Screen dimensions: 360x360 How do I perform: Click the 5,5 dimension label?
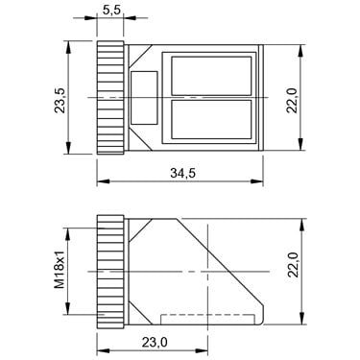[x=111, y=11]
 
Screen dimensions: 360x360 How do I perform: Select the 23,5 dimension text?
[x=60, y=100]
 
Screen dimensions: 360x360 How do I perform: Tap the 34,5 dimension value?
[x=182, y=173]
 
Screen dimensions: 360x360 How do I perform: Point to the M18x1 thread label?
[x=60, y=269]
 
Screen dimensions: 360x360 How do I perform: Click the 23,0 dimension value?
[x=155, y=343]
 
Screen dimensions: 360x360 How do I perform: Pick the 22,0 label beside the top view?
[x=292, y=100]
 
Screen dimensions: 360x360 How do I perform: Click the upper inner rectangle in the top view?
[x=211, y=76]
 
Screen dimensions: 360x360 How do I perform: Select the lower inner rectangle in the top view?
[x=211, y=119]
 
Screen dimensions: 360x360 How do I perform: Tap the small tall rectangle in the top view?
[x=144, y=98]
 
